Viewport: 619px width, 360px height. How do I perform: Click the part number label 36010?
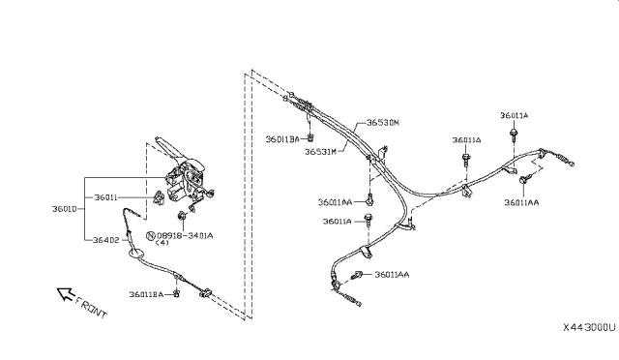pos(66,207)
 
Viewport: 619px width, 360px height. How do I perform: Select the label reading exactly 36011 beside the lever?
pos(106,197)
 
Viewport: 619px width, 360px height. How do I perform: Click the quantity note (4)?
pos(162,244)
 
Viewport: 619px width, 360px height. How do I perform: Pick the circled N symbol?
pos(150,235)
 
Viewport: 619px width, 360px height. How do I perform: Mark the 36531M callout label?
pos(320,152)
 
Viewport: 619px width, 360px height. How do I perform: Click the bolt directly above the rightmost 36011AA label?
pos(524,181)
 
